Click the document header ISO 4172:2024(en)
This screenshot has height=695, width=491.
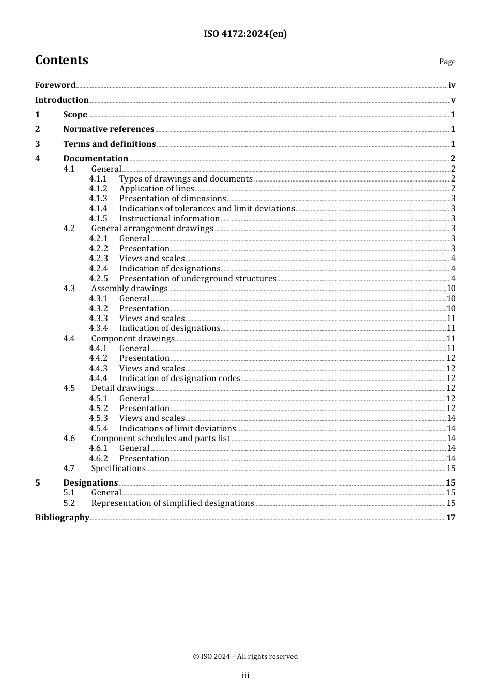245,34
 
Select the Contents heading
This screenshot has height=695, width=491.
62,60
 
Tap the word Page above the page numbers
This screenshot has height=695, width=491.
447,62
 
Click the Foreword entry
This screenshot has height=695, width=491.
55,85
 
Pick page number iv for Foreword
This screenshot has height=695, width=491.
452,85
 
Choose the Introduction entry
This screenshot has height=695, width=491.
62,100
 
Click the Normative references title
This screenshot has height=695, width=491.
109,129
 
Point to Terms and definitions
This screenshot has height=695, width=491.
110,144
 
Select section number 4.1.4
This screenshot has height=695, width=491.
98,209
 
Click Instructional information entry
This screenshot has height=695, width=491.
170,219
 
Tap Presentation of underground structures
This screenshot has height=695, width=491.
197,279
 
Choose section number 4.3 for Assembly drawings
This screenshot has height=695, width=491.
69,289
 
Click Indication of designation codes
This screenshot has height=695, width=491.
180,379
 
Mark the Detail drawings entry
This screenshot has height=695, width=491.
122,388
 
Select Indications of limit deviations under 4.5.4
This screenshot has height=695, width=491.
177,429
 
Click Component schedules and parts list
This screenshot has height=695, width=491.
160,439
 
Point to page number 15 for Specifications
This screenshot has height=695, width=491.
451,469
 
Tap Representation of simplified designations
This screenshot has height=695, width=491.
172,503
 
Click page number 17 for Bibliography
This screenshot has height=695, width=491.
451,518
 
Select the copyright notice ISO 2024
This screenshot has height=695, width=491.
245,656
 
